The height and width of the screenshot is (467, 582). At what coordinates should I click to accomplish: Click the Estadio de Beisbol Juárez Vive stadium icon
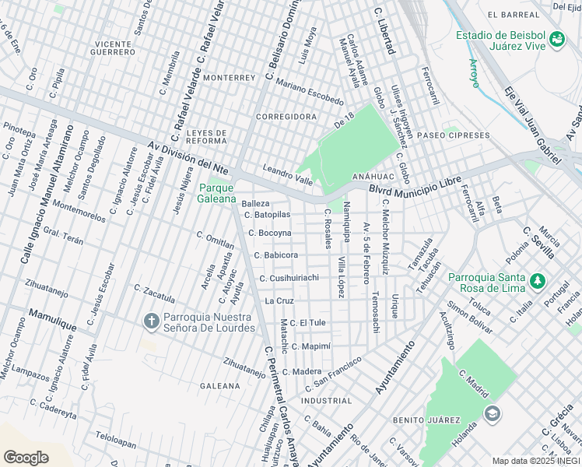(x=556, y=39)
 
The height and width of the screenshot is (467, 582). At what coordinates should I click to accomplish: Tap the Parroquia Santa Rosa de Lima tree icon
(x=536, y=279)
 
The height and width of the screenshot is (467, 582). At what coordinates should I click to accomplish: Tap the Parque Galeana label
(x=216, y=193)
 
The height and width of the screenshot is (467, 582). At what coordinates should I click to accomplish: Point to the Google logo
(x=26, y=457)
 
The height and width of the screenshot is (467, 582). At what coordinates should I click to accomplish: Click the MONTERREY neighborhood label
(x=229, y=79)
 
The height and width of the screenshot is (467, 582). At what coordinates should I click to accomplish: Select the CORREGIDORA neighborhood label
(x=286, y=117)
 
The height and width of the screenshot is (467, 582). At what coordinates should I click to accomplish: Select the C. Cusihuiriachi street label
(x=289, y=278)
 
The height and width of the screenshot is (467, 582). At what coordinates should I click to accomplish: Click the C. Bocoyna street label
(x=270, y=233)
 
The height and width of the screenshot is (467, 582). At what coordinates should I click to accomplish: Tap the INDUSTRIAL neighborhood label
(x=326, y=401)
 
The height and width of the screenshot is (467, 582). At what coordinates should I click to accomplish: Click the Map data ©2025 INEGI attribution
(x=536, y=461)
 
